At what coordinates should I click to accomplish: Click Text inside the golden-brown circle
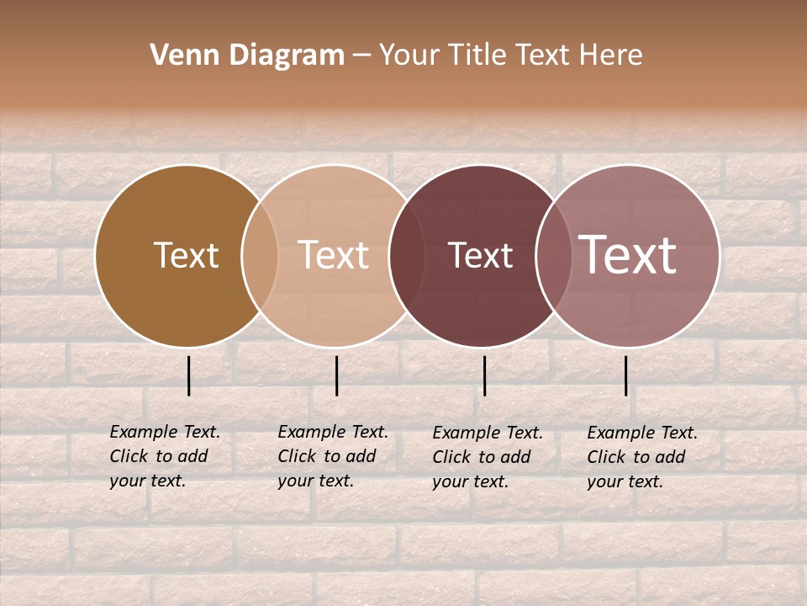[186, 255]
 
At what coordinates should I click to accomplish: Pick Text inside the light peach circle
[333, 255]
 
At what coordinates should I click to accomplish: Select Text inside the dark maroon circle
[480, 255]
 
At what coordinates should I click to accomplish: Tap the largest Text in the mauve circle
[628, 255]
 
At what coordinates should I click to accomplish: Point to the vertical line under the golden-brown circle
[189, 375]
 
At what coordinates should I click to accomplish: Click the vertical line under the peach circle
[336, 375]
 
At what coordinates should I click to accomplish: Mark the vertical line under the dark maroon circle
[484, 375]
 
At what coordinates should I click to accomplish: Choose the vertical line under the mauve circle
[625, 375]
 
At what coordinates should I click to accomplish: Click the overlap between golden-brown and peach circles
[260, 255]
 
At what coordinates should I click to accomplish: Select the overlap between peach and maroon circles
[404, 255]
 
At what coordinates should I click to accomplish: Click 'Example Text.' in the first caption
[165, 432]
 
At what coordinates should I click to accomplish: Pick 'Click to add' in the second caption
[326, 456]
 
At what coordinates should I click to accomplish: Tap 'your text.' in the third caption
[470, 481]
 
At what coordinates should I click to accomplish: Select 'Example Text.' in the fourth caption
[642, 433]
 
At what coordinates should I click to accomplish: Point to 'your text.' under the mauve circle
[625, 481]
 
